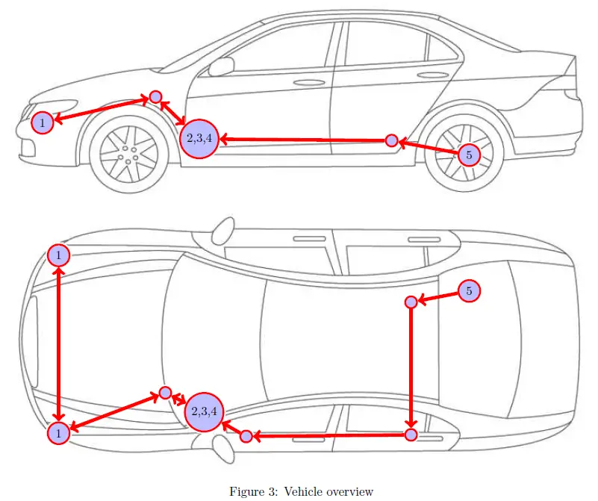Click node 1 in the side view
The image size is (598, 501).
(x=43, y=122)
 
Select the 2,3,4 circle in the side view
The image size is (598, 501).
(x=199, y=138)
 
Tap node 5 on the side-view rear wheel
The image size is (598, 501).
(x=468, y=155)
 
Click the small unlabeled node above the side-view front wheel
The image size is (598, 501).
(x=155, y=96)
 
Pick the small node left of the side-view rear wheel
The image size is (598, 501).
(x=391, y=140)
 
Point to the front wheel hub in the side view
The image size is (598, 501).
(x=126, y=153)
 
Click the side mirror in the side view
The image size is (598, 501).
(x=220, y=66)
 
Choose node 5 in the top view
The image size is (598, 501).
(x=469, y=291)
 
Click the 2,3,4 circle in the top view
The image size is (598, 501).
(x=204, y=411)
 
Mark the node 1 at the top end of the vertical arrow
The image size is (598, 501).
(x=58, y=255)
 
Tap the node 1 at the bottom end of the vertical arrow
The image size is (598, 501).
(x=58, y=432)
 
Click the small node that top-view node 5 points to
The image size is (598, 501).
(x=410, y=302)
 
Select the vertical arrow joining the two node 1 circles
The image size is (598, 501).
(x=58, y=343)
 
